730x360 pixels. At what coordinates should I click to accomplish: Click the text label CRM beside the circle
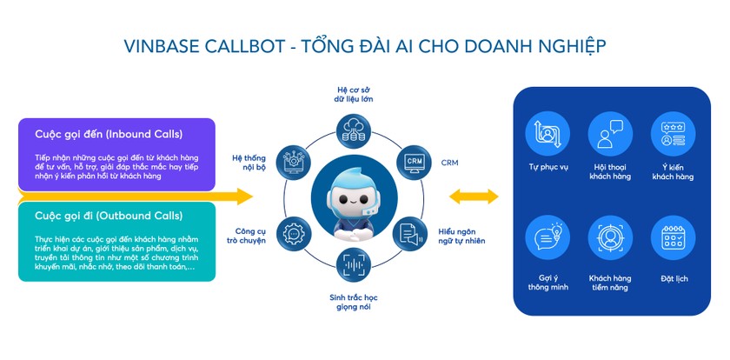449,163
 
